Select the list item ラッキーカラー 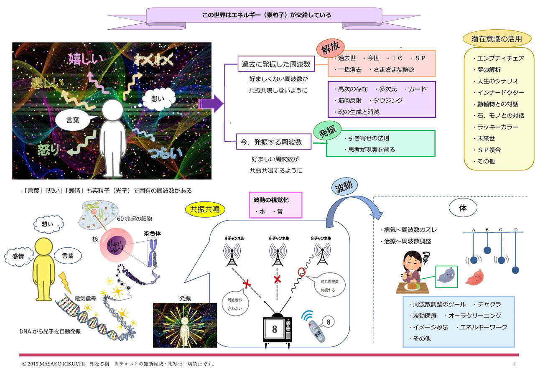click(x=495, y=127)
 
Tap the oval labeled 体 click(x=463, y=208)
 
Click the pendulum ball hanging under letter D click(x=516, y=270)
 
